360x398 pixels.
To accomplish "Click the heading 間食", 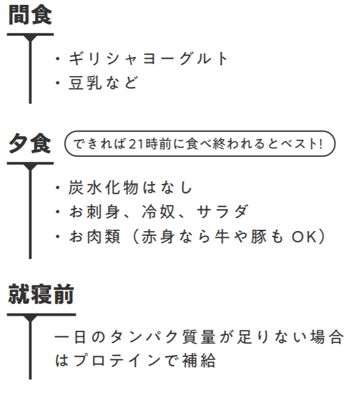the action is pos(30,15).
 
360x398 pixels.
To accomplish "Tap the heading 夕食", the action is pos(30,144).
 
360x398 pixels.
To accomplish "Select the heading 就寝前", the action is pos(41,294).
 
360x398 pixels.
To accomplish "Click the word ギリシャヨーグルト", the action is pos(148,59).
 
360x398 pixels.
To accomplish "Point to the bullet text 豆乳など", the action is pos(103,83).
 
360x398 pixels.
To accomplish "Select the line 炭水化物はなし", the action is pos(130,188).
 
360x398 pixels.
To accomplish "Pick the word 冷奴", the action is pos(159,212).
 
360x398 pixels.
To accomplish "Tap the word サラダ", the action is pos(223,212).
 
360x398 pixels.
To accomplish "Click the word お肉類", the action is pos(95,237).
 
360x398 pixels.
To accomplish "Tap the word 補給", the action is pos(199,360).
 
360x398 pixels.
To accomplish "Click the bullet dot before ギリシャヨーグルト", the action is pos(58,59).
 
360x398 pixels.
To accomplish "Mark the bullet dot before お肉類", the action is pos(58,237).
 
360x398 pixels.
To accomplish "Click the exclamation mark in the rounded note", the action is pos(321,144).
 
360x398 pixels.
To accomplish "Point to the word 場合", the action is pos(327,337).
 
